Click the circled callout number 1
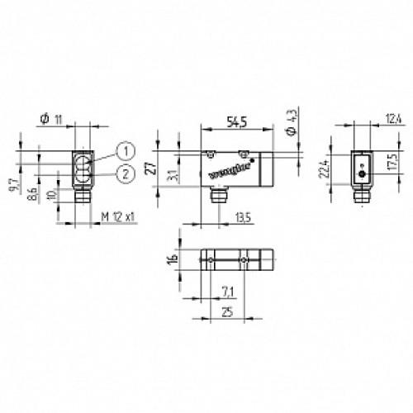pos(123,150)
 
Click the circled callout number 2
pos(123,172)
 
